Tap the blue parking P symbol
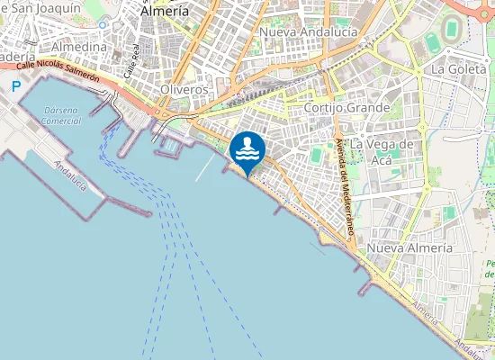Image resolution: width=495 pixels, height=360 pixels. (15, 86)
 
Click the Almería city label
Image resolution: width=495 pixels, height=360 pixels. (166, 12)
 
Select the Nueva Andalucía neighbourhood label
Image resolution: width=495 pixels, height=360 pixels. (308, 31)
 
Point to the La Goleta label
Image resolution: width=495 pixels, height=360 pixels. (459, 68)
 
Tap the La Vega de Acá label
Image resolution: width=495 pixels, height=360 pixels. (382, 151)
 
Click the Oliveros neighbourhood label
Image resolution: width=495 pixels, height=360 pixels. (184, 90)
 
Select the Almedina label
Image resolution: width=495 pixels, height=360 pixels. (79, 46)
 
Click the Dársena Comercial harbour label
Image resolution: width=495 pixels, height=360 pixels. (62, 114)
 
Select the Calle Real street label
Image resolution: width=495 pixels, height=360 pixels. (132, 60)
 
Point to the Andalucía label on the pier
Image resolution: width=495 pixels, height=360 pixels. (70, 175)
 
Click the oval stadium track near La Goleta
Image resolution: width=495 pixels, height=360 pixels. (435, 42)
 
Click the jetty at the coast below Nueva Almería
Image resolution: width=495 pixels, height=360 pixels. (365, 289)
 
